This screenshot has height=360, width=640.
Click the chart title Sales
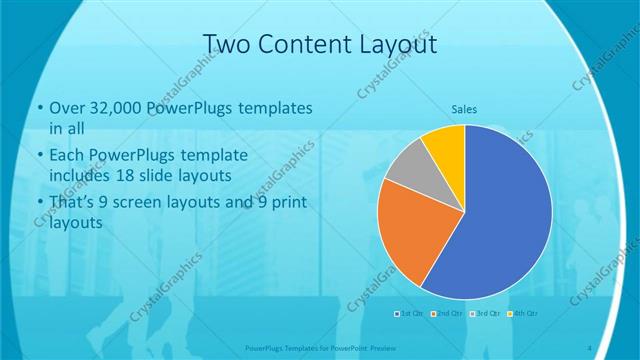pyautogui.click(x=463, y=109)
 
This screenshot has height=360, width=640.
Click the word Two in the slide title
pyautogui.click(x=224, y=44)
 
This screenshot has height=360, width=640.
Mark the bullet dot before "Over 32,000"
pyautogui.click(x=38, y=108)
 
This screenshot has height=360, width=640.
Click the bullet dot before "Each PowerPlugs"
pyautogui.click(x=38, y=156)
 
